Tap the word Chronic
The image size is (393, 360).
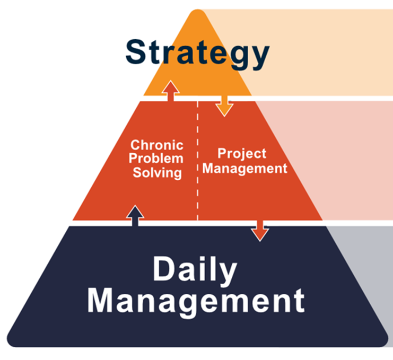point(157,145)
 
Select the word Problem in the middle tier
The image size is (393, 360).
point(157,159)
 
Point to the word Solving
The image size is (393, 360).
point(157,172)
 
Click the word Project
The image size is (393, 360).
point(242,154)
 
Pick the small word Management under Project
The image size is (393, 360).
point(245,169)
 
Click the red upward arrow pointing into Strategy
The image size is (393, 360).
point(170,91)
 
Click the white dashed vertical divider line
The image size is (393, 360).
point(198,159)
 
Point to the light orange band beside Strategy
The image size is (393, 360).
point(318,53)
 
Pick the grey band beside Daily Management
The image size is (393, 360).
point(366,265)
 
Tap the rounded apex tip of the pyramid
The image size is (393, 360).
point(197,13)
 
